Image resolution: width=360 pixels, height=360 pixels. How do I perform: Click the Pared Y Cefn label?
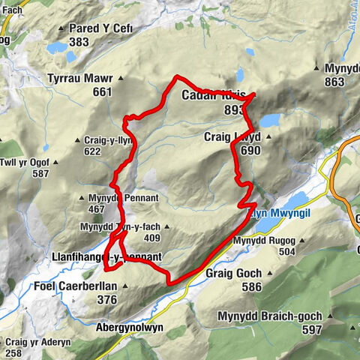point(100,28)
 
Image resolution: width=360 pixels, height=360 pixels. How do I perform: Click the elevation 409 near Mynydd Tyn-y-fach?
point(153,239)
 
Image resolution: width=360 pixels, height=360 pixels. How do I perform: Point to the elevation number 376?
point(107,300)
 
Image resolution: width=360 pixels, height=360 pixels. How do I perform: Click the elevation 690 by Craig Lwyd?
point(251,150)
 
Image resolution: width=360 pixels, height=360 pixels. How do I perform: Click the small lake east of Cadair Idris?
point(271,120)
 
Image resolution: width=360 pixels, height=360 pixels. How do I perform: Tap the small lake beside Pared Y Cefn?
point(57,47)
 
